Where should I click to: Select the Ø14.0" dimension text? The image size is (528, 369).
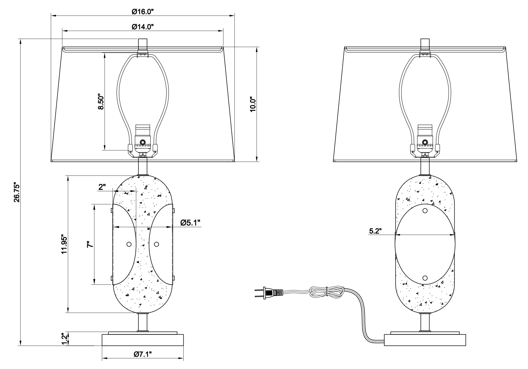click(x=143, y=26)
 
